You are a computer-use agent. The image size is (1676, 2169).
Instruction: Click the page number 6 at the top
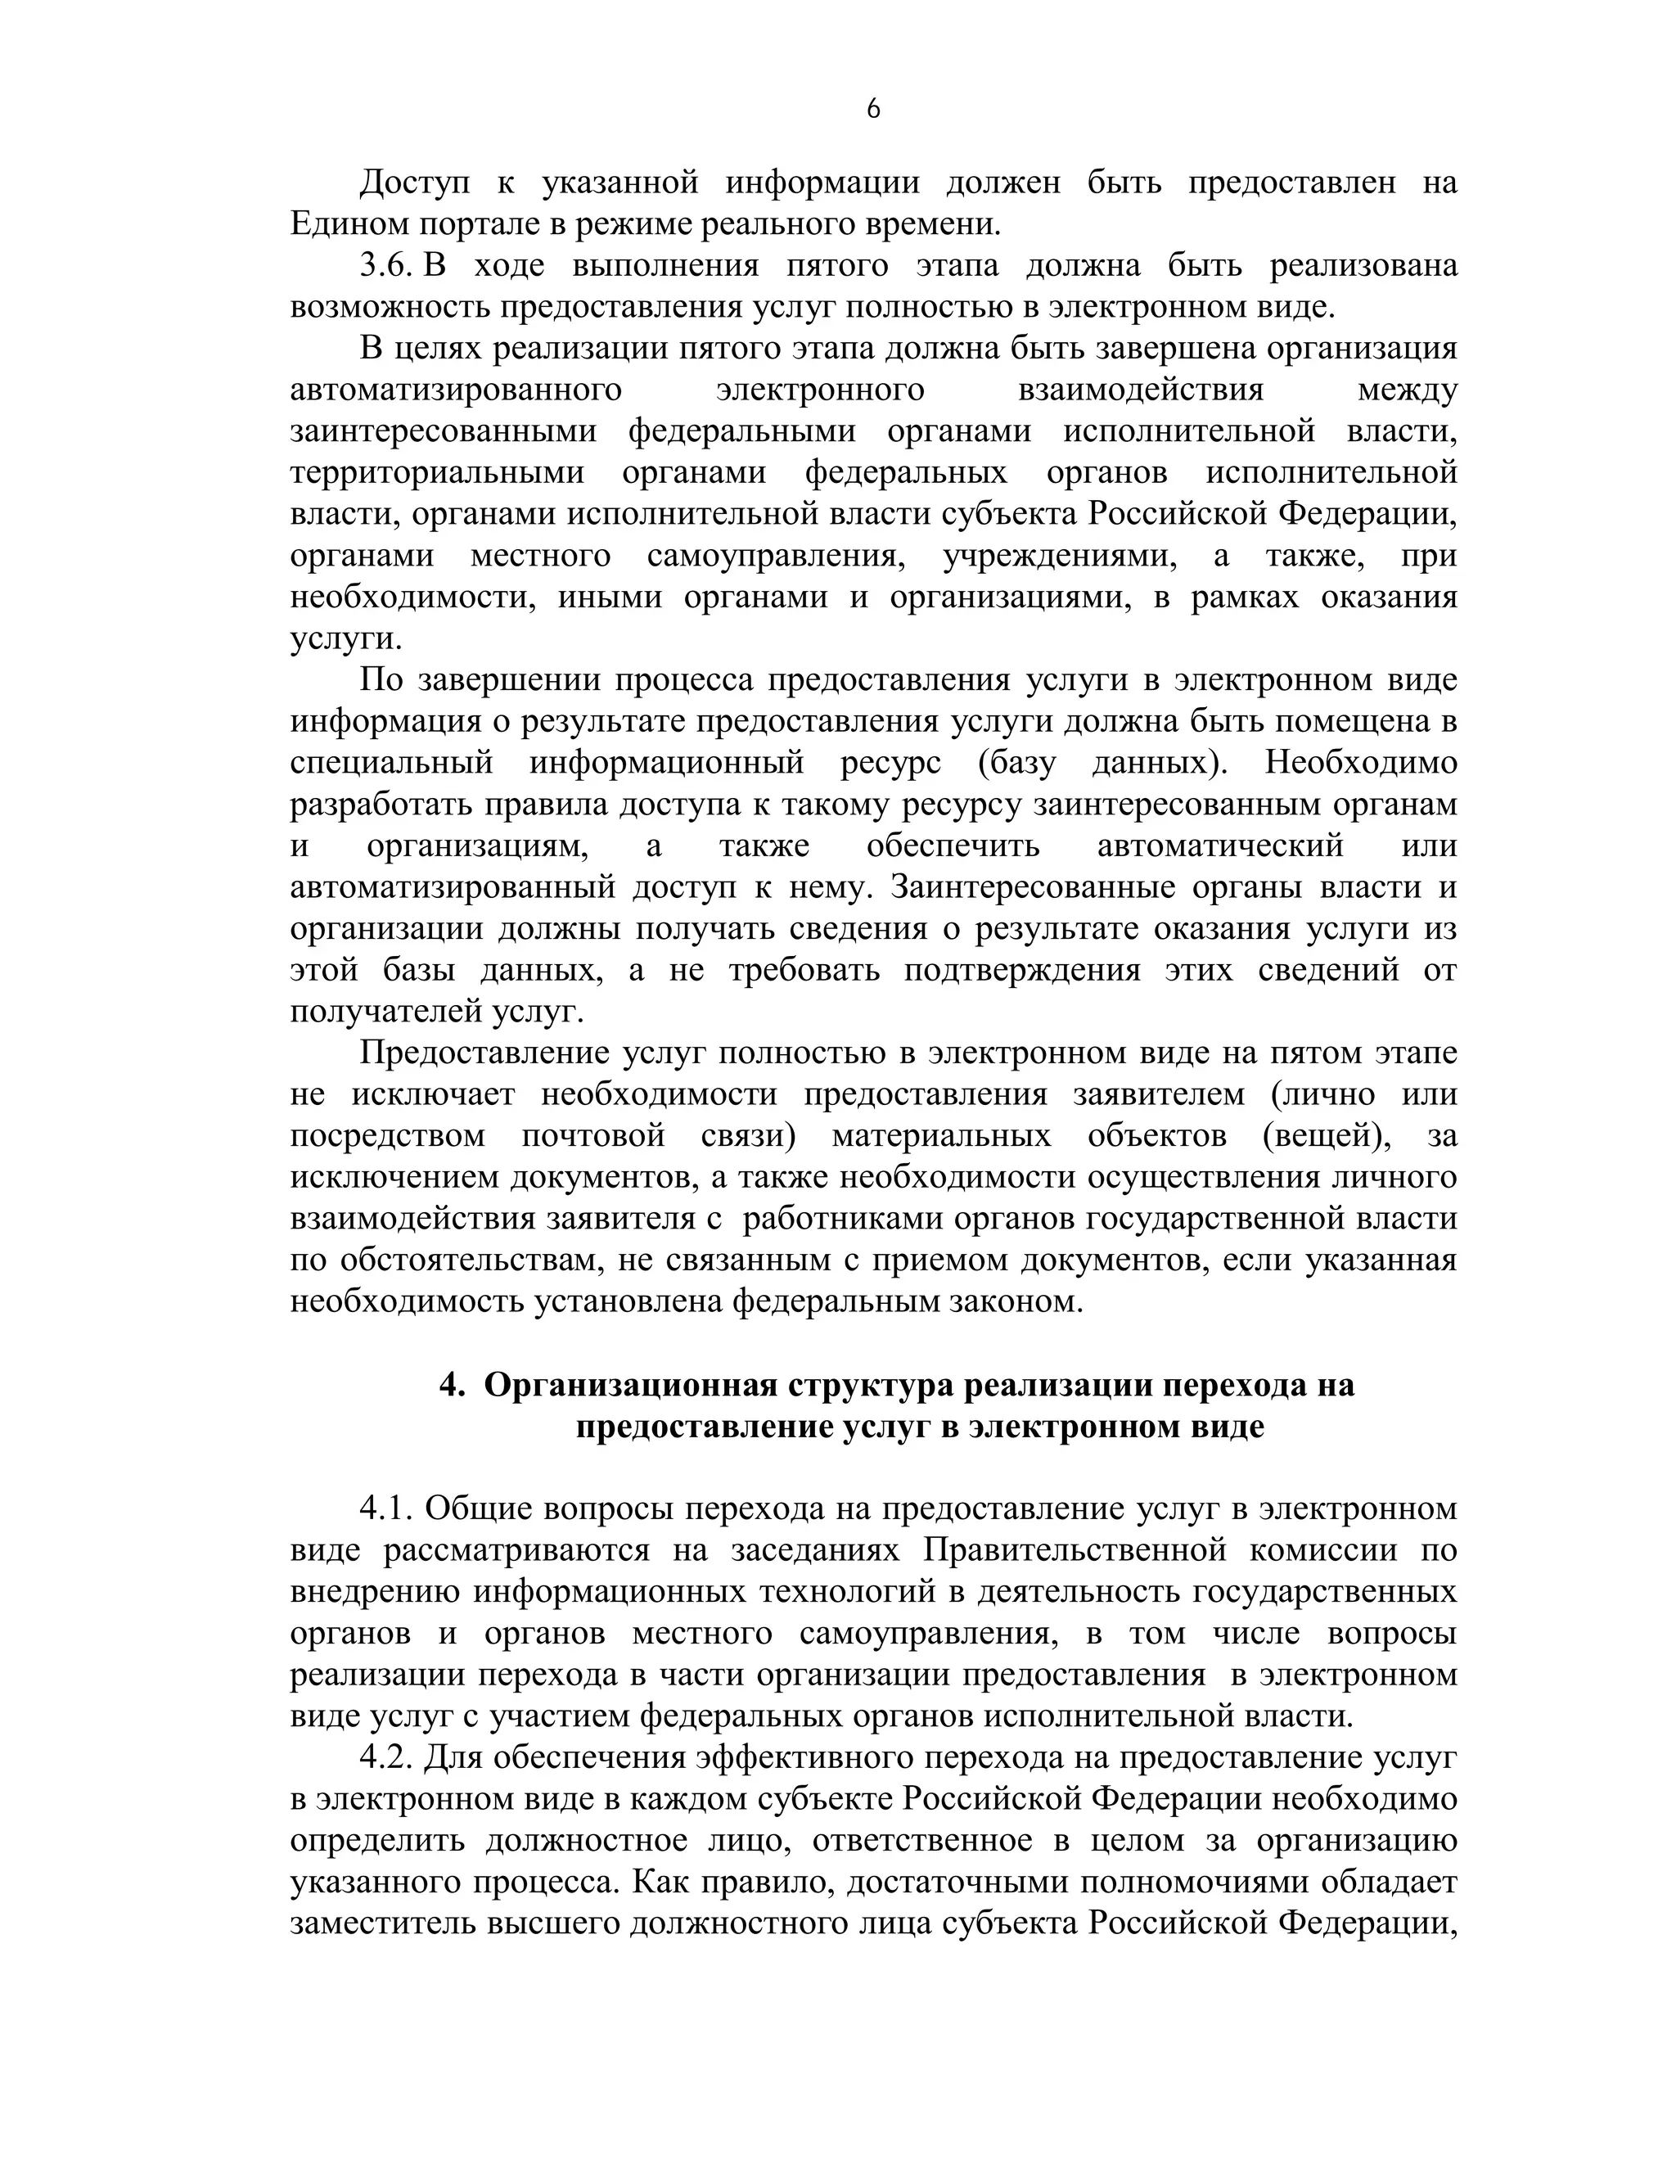872,109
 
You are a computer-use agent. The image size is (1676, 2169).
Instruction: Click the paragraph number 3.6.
385,266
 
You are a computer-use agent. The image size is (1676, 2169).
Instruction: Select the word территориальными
437,473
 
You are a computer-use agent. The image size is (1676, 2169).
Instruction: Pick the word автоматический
1219,846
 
